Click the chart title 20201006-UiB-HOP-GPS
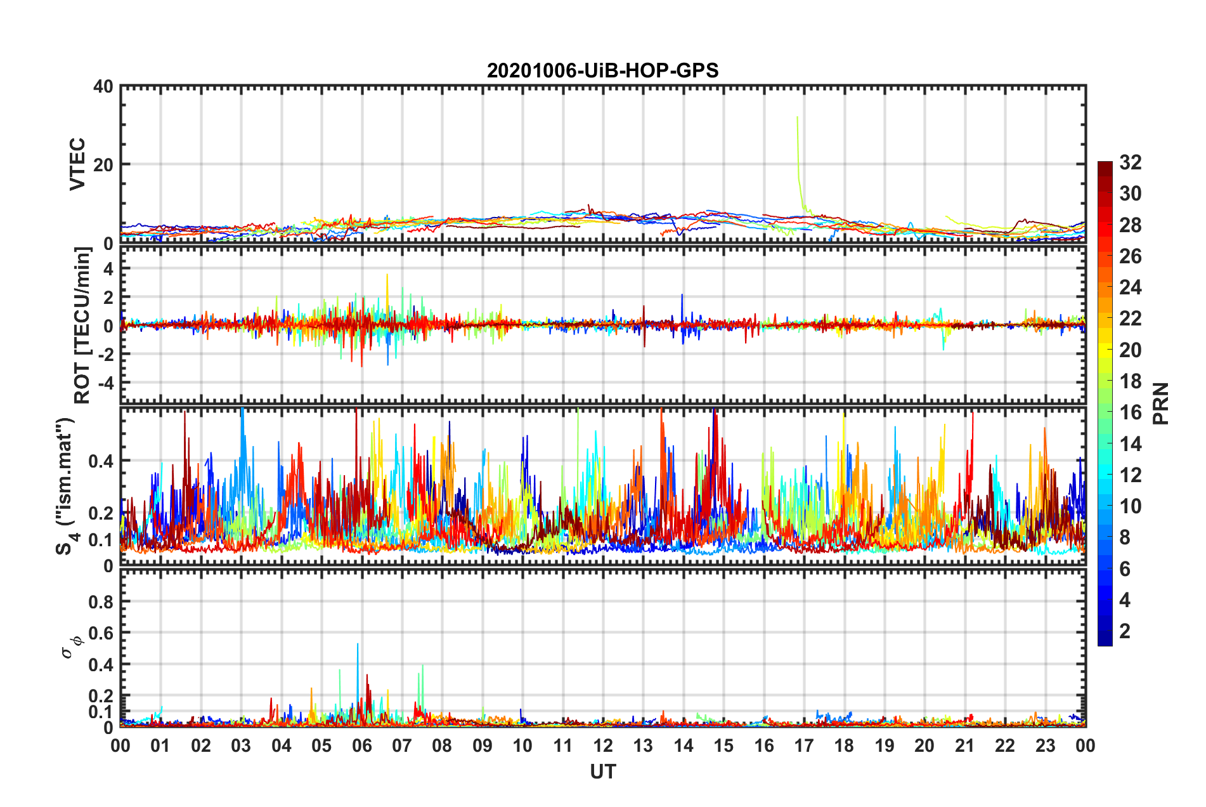(602, 70)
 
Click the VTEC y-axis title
(77, 164)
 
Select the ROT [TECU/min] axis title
(82, 325)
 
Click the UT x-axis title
(602, 771)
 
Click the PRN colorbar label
(1160, 403)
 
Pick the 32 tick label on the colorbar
(1130, 162)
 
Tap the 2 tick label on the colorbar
(1125, 631)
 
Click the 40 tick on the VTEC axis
(103, 86)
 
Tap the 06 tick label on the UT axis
(361, 745)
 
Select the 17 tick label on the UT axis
(804, 745)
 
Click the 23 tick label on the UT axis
(1045, 745)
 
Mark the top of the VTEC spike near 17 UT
(797, 117)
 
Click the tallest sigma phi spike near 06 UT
(358, 645)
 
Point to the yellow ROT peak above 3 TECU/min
(387, 275)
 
